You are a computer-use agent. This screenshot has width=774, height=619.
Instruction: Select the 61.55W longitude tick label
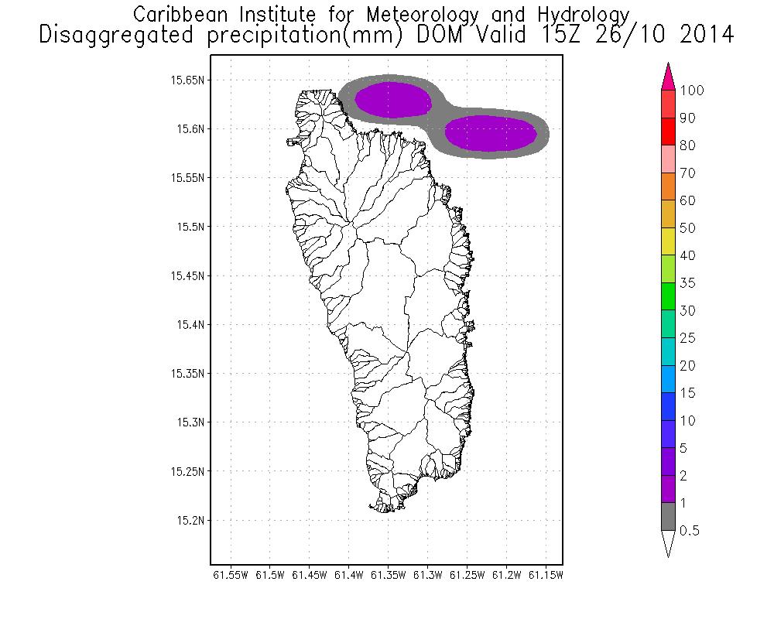tap(230, 575)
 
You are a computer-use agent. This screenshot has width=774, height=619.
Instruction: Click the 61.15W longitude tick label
tap(546, 575)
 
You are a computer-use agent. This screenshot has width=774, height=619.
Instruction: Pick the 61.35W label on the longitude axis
tap(389, 575)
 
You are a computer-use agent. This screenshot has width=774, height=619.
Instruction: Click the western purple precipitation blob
tap(393, 100)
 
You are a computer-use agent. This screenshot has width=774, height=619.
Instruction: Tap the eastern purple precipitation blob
tap(491, 132)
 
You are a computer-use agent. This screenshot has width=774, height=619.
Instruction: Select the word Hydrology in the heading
tap(580, 14)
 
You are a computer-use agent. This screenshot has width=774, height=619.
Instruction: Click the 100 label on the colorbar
tap(691, 91)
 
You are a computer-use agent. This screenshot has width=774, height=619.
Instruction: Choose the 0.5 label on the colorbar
tap(688, 531)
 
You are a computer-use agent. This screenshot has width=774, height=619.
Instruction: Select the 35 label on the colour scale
tap(687, 283)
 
